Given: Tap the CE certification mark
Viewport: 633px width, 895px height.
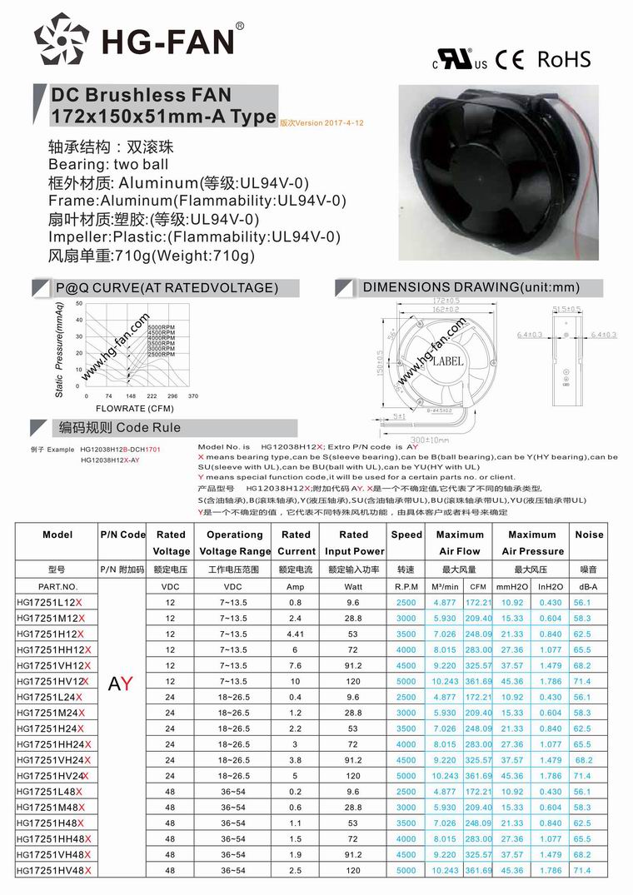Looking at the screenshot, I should [509, 60].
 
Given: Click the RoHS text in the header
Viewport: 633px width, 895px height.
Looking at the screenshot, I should [564, 59].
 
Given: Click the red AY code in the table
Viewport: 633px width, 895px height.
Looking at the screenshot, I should [121, 684].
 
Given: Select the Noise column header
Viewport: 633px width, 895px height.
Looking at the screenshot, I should [589, 535].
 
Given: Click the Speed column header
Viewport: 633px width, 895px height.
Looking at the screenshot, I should [406, 535].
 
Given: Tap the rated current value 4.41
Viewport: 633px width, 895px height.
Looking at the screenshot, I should [296, 634].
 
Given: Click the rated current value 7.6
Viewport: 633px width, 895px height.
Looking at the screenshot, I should [296, 665].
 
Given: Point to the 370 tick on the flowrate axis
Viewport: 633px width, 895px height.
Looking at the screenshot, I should [193, 396].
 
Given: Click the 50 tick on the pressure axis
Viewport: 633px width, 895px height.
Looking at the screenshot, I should [78, 304].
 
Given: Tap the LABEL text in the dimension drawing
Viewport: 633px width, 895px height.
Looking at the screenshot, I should [447, 360].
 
